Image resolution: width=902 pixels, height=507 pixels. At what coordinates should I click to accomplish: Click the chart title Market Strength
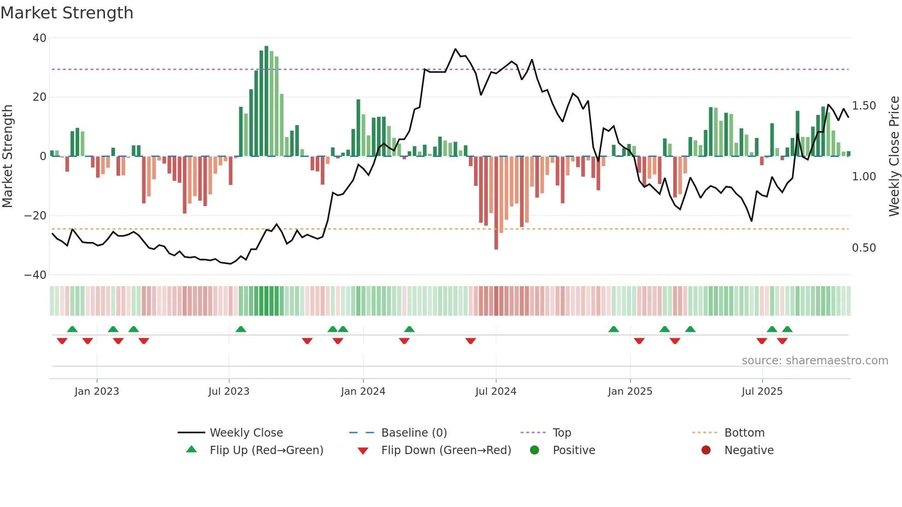pos(67,13)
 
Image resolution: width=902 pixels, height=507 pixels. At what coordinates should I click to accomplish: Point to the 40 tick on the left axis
pos(40,38)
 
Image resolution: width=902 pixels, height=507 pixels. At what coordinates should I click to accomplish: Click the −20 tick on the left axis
pos(35,216)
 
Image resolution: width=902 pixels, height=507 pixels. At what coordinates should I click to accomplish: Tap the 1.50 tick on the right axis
pos(864,106)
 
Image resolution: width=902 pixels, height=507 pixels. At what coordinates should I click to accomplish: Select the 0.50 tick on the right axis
pos(864,248)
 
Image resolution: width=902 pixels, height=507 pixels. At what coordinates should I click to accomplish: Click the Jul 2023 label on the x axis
pos(229,392)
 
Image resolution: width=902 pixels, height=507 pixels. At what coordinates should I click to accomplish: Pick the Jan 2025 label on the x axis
pos(630,392)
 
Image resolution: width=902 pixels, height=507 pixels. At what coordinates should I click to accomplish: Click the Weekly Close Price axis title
pos(894,156)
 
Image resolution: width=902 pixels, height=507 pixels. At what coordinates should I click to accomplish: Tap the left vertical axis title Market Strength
pos(7,156)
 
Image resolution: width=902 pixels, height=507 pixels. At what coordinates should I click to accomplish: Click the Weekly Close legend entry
pos(246,433)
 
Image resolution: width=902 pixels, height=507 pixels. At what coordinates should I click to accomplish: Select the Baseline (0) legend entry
pos(414,433)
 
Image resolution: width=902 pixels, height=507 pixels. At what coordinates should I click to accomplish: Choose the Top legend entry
pos(561,433)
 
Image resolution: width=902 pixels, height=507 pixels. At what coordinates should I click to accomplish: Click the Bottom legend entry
pos(744,433)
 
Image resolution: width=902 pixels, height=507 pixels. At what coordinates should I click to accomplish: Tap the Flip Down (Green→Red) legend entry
pos(446,450)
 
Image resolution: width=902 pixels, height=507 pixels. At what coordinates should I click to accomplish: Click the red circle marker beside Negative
pos(706,450)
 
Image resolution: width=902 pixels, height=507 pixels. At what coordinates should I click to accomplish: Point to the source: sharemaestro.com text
pos(815,361)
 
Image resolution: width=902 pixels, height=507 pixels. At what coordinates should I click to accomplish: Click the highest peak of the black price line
pos(456,49)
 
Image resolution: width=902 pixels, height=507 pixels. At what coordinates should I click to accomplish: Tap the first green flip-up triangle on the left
pos(72,329)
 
